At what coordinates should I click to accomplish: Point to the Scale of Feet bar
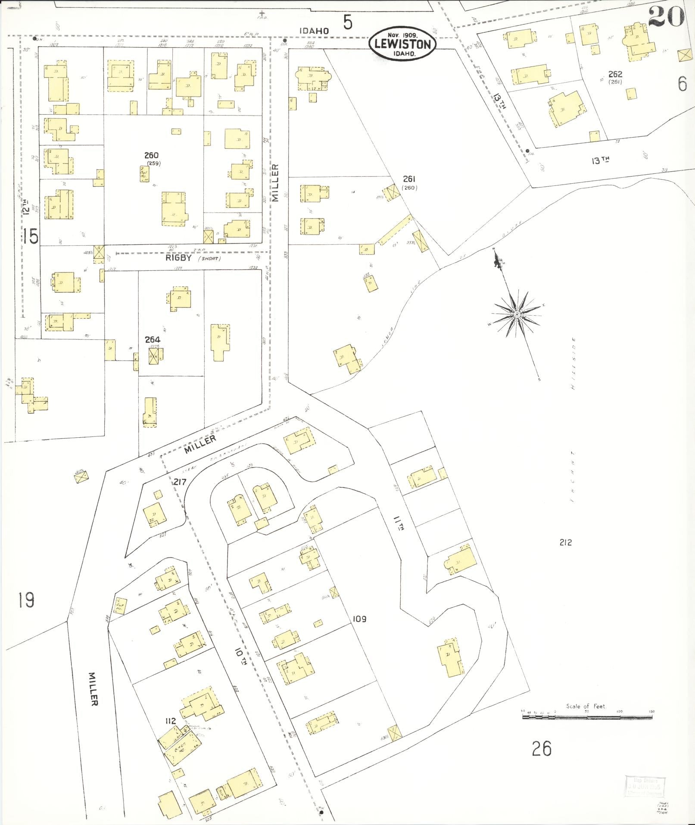click(x=588, y=716)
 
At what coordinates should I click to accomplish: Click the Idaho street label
click(x=315, y=31)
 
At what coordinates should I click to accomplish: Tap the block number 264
click(x=153, y=339)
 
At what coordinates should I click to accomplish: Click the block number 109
click(x=359, y=619)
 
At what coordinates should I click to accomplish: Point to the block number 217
click(x=179, y=482)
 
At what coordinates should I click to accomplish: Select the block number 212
click(x=565, y=543)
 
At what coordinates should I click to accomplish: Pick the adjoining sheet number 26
click(x=542, y=747)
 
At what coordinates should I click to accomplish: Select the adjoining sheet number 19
click(x=26, y=599)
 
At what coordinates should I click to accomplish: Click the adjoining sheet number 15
click(x=31, y=236)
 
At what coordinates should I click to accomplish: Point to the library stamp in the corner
click(x=645, y=787)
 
